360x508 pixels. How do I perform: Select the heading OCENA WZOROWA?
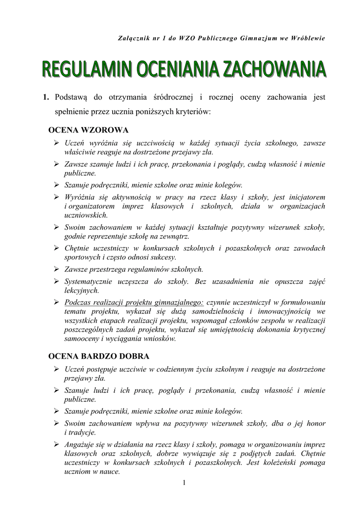coord(88,130)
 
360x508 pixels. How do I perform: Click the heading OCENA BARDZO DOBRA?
coord(98,356)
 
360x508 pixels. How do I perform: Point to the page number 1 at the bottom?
coord(184,483)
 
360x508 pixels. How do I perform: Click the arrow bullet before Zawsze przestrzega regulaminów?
coord(57,269)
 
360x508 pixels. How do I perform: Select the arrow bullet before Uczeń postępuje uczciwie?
coord(57,369)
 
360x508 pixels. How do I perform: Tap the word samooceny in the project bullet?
coord(83,339)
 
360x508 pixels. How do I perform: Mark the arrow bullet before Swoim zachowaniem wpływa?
coord(57,423)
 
